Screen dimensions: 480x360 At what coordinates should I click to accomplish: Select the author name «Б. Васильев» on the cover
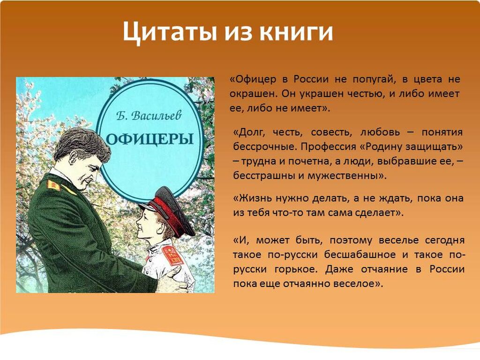coord(149,116)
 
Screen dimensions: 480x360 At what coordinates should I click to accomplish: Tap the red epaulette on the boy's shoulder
coord(172,255)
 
